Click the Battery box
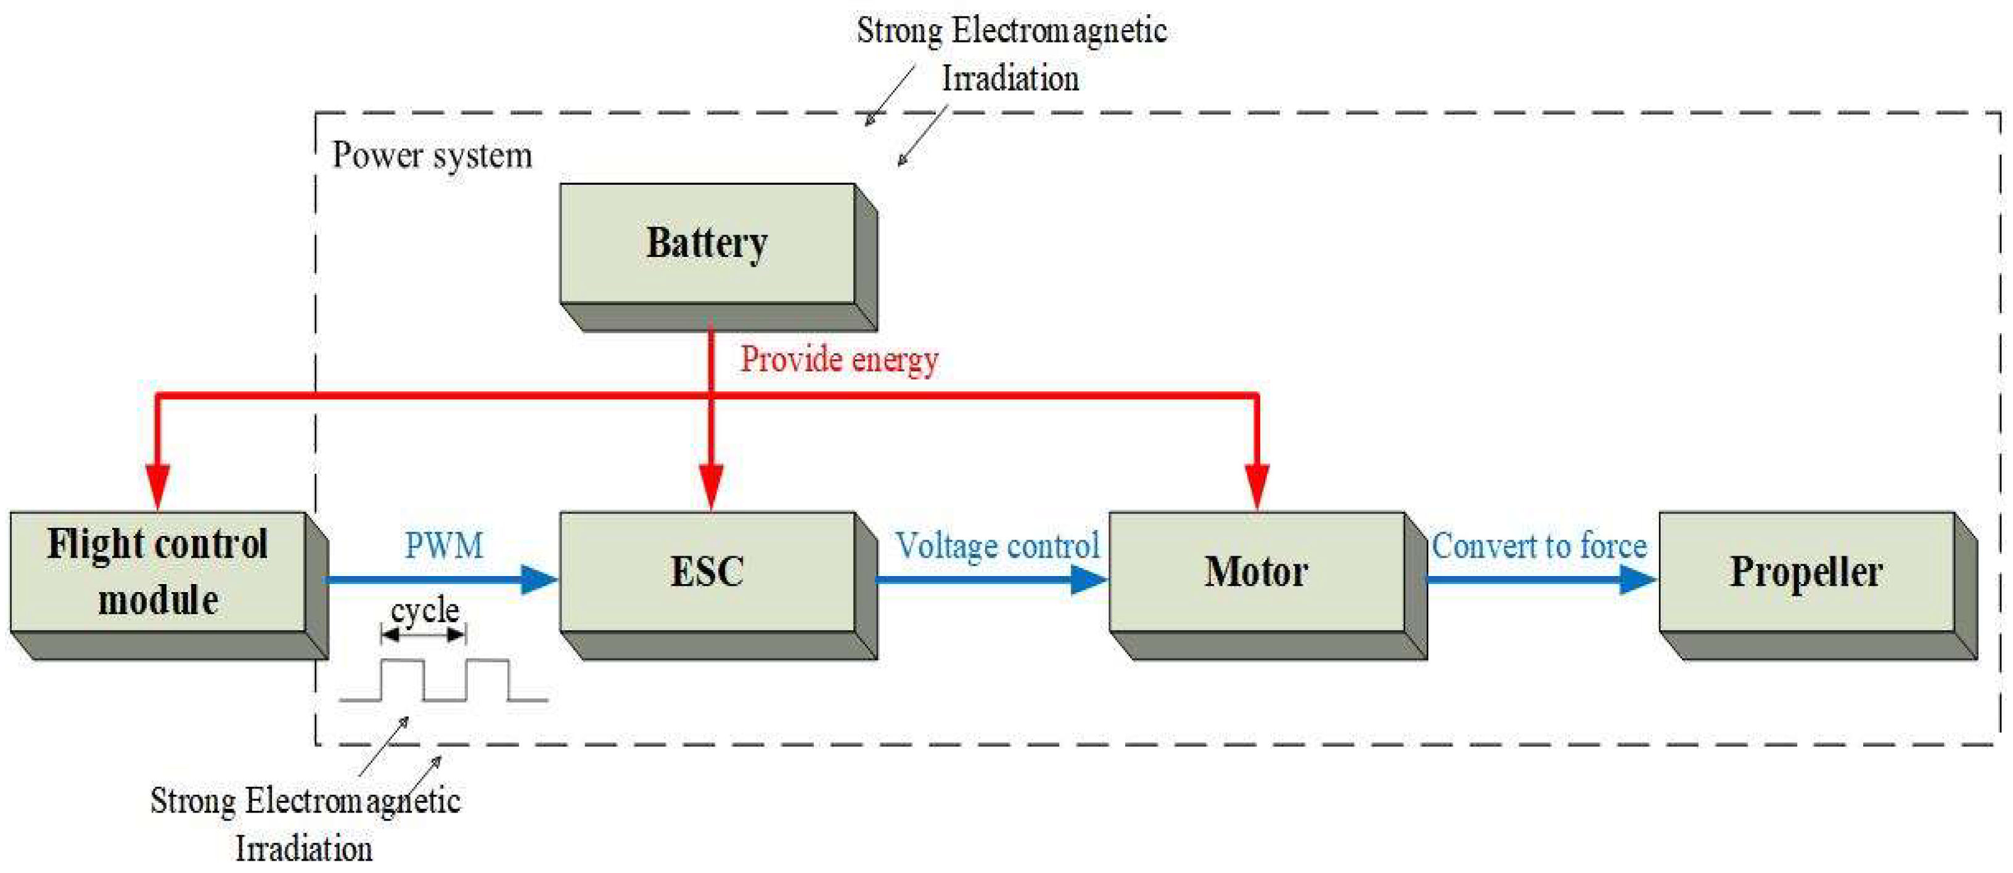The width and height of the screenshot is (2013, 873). pos(707,243)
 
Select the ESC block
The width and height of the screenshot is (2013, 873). pos(707,572)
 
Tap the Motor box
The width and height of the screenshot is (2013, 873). pos(1257,572)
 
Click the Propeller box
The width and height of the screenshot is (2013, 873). pos(1806,572)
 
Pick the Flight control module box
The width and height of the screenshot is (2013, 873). pos(158,572)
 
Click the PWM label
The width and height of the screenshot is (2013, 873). pos(444,546)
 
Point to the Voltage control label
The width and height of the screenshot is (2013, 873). pos(997,546)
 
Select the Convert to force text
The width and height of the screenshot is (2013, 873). pos(1539,546)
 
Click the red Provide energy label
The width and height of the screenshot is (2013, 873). pos(839,360)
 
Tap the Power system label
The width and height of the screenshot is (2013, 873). pos(432,155)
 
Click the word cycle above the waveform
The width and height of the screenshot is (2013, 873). pos(425,610)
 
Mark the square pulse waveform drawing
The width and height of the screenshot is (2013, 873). pos(443,680)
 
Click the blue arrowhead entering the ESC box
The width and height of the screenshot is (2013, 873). pos(539,579)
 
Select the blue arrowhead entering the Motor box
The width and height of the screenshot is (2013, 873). pos(1089,579)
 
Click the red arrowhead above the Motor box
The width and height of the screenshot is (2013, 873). pos(1257,485)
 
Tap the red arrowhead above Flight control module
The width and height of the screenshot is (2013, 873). pos(158,485)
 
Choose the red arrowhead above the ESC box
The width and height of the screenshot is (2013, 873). pos(711,485)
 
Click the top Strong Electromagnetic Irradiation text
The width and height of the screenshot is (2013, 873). pos(1011,54)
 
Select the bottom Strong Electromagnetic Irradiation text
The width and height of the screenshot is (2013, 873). pos(305,824)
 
